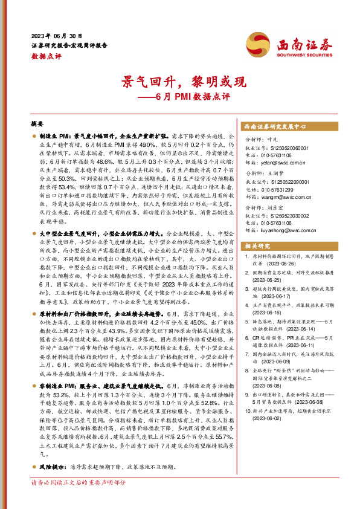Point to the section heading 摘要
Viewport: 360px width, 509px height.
click(37, 123)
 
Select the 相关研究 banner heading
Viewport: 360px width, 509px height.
click(259, 247)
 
